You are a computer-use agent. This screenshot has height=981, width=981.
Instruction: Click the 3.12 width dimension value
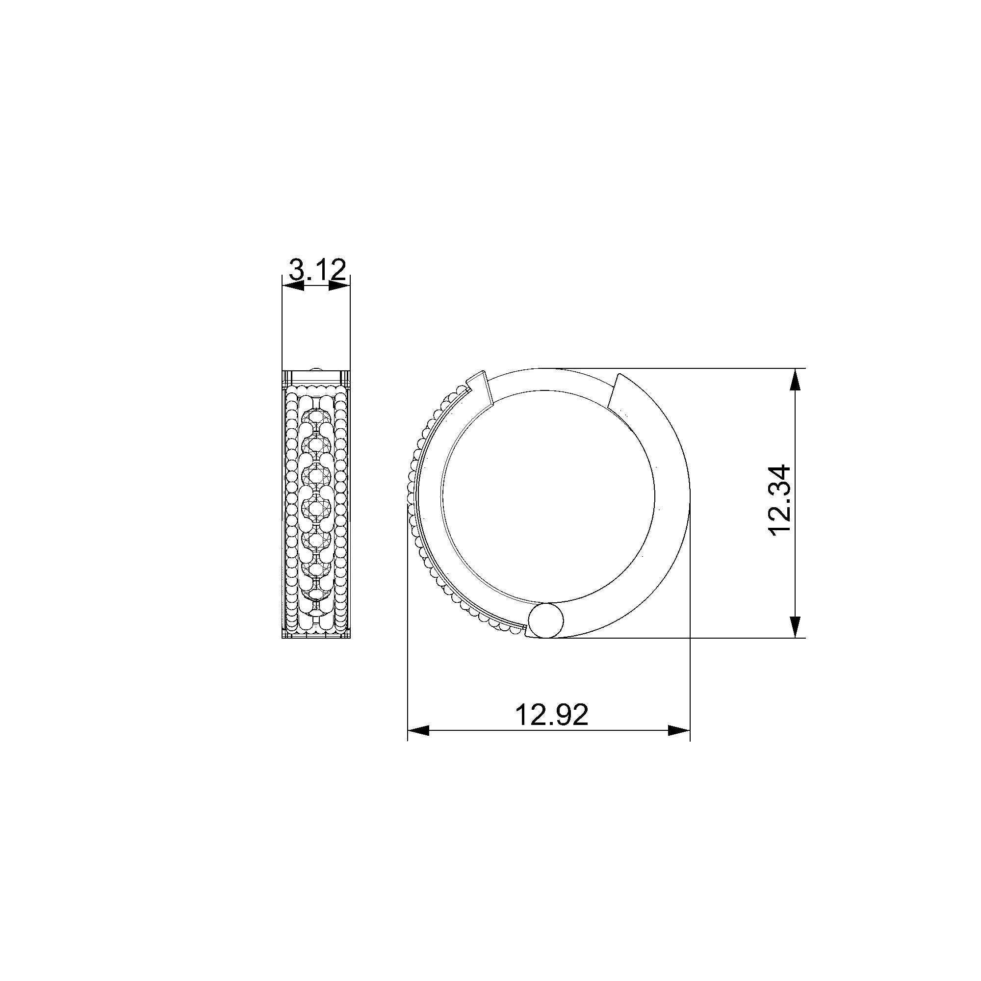click(317, 270)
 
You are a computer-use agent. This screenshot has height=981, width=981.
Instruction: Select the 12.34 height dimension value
click(780, 499)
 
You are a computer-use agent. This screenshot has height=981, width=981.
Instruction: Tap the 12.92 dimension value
click(551, 715)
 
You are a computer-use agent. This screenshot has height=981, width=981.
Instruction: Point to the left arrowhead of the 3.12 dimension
click(293, 286)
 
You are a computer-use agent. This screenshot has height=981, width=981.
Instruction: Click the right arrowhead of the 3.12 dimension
click(340, 286)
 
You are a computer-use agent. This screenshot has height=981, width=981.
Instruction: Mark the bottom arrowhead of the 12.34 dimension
click(796, 626)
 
